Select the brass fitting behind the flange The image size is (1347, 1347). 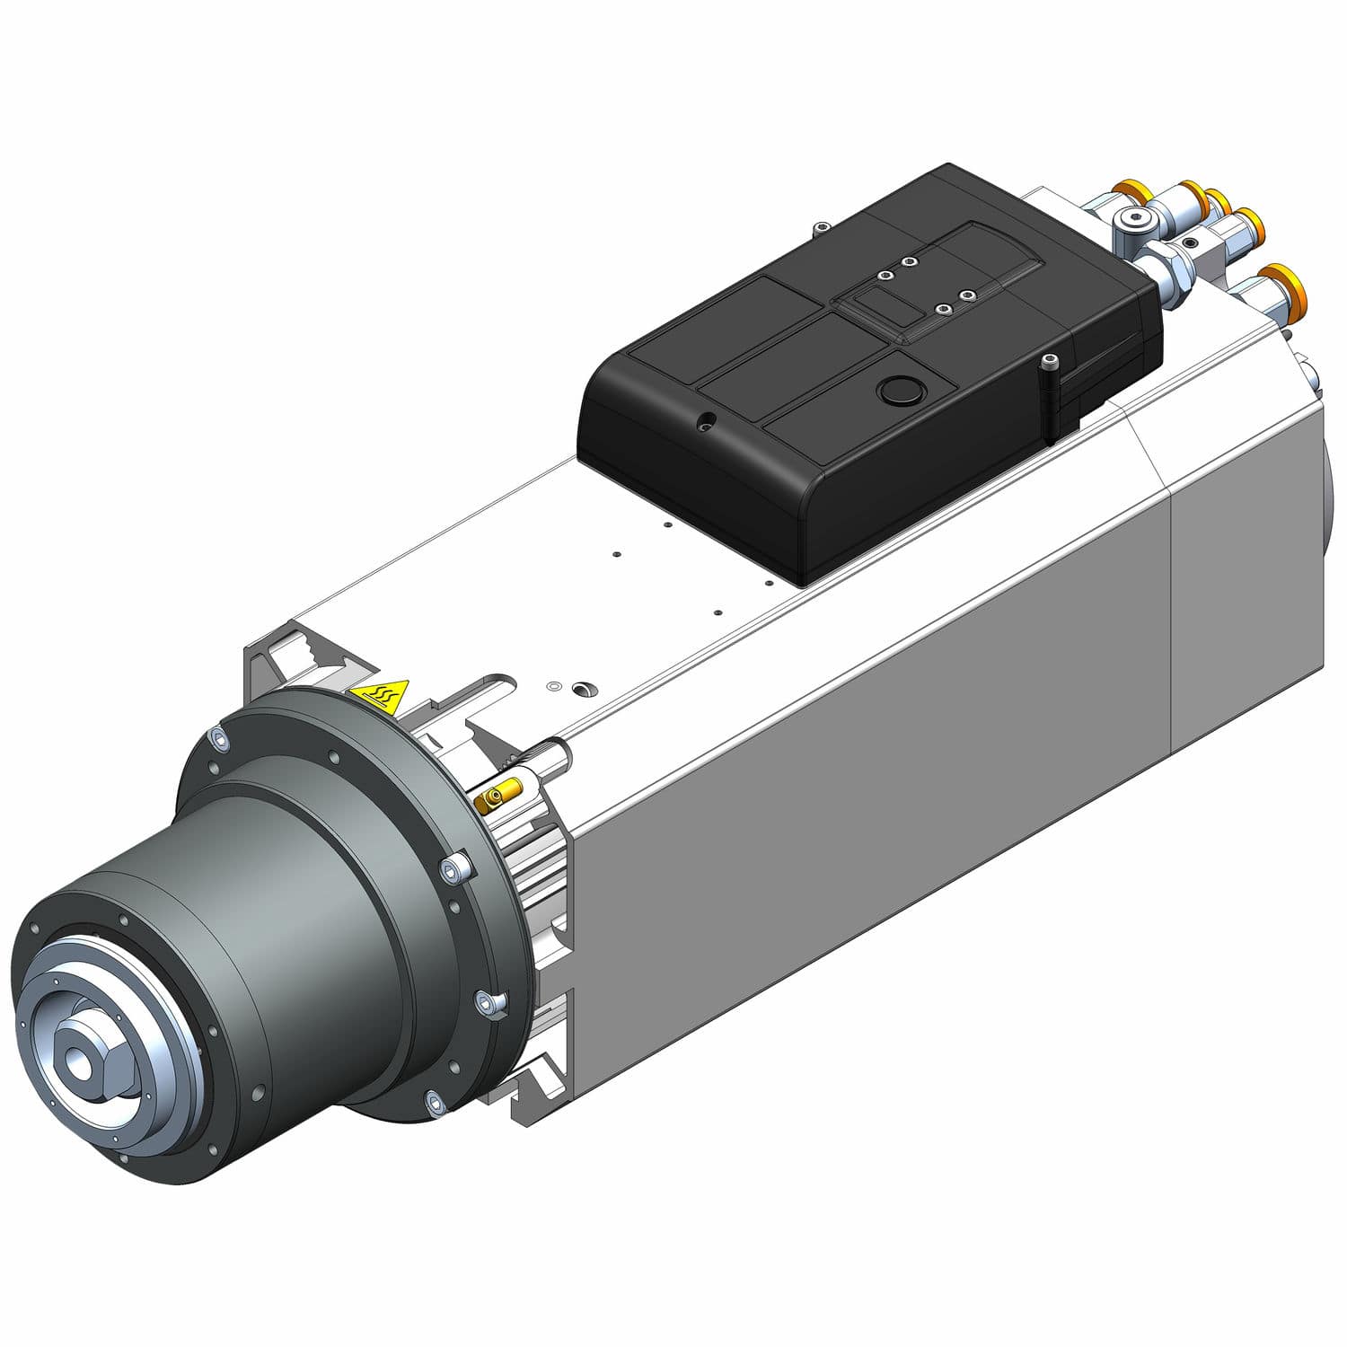pos(499,794)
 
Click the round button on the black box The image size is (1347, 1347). pos(895,390)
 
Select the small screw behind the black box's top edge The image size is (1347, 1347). pos(819,226)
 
